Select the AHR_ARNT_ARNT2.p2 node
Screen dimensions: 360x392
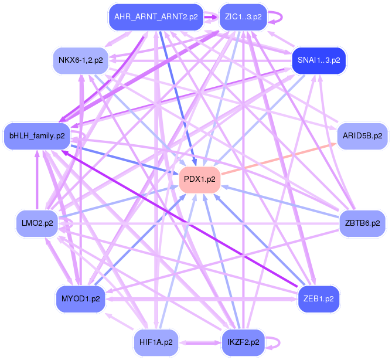click(155, 17)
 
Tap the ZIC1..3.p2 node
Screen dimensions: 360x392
click(243, 17)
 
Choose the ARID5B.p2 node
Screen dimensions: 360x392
click(362, 136)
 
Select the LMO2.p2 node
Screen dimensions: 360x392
click(37, 223)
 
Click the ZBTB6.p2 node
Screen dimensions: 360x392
click(362, 223)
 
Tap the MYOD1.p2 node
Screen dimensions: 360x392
click(80, 298)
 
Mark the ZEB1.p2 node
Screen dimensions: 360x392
click(318, 298)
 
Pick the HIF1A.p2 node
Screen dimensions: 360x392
click(155, 341)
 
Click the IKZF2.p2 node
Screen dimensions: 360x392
click(243, 341)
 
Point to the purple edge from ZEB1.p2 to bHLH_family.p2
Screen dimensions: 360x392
click(176, 215)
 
